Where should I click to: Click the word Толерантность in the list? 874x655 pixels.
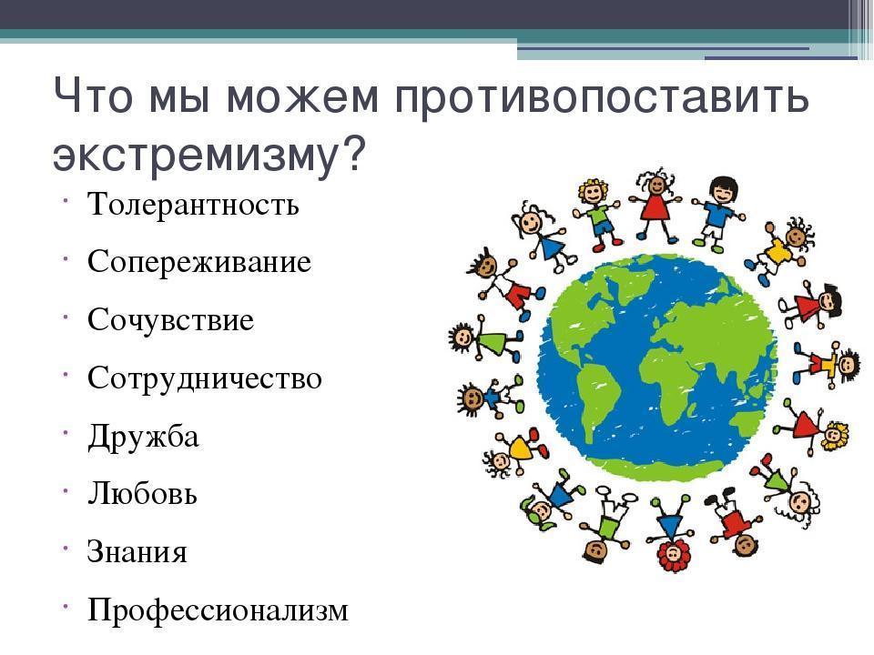(193, 204)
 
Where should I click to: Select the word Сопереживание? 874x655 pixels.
(199, 262)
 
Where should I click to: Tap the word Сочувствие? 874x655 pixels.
(170, 319)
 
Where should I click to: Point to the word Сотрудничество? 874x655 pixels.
(205, 378)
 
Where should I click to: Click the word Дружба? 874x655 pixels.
(143, 437)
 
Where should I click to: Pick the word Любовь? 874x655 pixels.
(142, 493)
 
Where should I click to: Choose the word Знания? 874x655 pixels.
(137, 552)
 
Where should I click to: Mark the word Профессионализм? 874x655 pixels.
(218, 610)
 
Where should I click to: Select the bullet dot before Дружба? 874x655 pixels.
(66, 431)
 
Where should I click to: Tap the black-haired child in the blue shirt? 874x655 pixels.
(718, 212)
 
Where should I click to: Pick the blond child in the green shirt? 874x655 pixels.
(597, 213)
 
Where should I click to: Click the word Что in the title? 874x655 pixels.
(93, 96)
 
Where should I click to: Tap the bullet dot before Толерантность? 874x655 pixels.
(66, 199)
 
